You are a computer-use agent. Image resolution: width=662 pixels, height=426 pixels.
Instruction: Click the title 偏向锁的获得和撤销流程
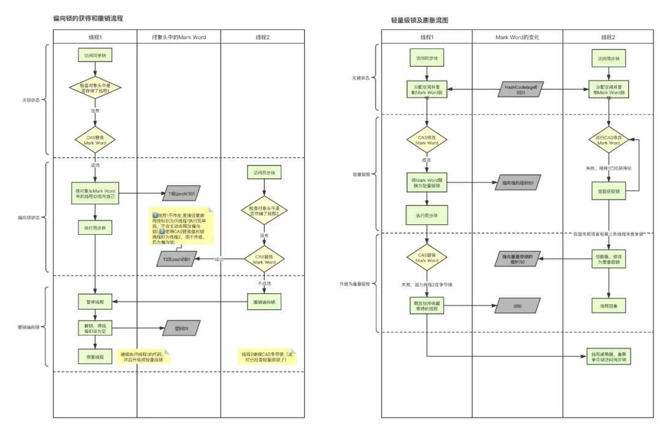(88, 18)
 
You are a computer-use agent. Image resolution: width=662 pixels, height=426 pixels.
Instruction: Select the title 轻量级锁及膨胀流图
(419, 20)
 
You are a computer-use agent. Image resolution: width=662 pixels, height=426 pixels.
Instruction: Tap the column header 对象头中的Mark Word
(179, 37)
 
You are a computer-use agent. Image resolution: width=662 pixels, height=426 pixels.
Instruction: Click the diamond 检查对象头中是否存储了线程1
(95, 88)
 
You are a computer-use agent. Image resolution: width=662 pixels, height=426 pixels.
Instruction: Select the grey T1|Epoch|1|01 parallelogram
(181, 194)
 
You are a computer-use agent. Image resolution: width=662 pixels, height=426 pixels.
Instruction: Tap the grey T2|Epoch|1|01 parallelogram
(177, 260)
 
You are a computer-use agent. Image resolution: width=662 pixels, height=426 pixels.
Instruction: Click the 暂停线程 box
(95, 302)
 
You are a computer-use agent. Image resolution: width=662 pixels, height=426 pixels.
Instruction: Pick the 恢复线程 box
(95, 356)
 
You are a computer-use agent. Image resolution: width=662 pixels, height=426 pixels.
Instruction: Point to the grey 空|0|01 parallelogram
(181, 329)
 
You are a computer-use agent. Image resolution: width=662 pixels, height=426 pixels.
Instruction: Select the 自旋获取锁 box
(608, 191)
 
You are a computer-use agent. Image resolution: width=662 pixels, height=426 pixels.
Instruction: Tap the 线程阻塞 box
(608, 305)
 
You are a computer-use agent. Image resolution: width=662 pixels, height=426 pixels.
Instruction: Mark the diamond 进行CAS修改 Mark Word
(608, 140)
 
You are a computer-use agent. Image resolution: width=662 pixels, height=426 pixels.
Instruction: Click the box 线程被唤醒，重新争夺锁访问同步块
(608, 357)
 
